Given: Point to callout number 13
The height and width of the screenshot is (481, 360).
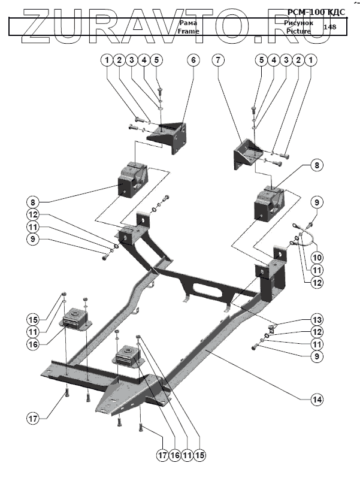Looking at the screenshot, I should tap(316, 319).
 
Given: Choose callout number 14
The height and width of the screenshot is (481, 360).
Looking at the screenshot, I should tap(316, 398).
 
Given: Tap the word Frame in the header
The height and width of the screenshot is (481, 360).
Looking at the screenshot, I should tap(187, 31).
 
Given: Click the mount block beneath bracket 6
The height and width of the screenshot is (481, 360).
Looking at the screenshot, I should tap(132, 179).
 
